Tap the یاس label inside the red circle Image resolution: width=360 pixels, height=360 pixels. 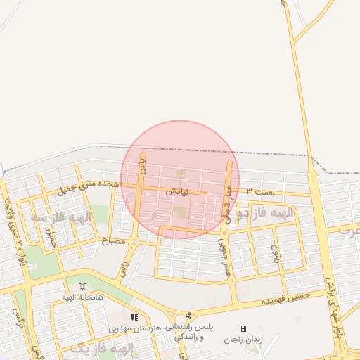(143, 165)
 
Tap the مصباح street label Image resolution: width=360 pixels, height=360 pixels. (114, 241)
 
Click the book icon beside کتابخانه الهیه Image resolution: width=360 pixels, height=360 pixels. (83, 286)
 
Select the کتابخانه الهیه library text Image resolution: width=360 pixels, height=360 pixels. (84, 297)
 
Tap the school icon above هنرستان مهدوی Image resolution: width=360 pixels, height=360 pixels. (134, 318)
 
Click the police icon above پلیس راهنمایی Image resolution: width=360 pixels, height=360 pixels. (188, 316)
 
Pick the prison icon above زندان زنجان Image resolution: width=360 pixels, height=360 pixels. (243, 328)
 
